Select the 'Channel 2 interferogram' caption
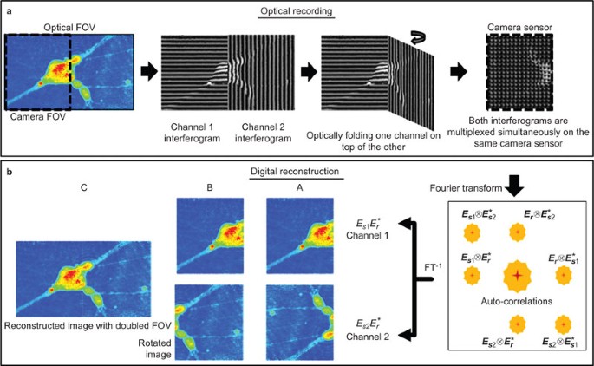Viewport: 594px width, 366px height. coord(252,133)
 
